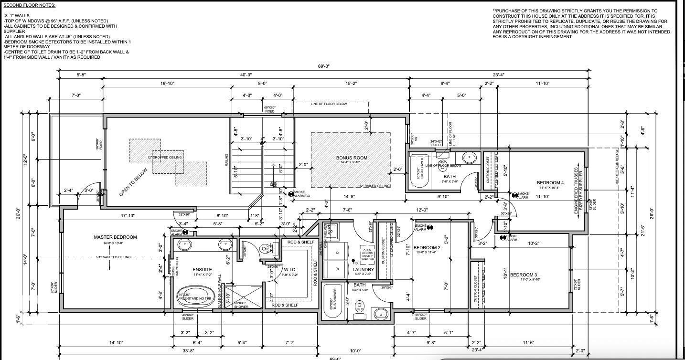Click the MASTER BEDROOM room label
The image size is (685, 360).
pos(115,237)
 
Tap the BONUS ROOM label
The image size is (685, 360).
pos(352,158)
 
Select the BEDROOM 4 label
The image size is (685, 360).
pos(550,183)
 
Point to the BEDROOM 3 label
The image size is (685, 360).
pos(524,275)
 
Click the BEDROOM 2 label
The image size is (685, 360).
pos(427,247)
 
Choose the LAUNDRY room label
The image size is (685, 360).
pos(363,270)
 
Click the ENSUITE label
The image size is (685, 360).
pos(202,270)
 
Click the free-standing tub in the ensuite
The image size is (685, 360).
pos(194,296)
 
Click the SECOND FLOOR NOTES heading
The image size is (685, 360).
pos(29,5)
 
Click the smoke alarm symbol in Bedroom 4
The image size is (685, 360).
pos(514,195)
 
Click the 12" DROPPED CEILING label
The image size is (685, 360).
pos(165,158)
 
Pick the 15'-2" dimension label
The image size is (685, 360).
pos(351,84)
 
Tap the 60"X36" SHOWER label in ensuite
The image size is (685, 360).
pos(240,305)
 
